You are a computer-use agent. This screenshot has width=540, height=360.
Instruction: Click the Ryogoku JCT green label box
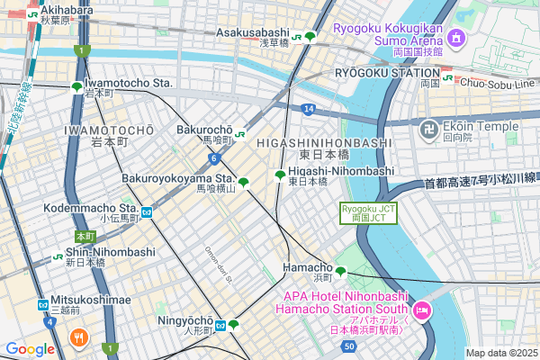point(366,212)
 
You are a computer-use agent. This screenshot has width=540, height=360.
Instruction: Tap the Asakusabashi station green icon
point(310,37)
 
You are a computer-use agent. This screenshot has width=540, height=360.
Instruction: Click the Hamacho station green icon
point(341,270)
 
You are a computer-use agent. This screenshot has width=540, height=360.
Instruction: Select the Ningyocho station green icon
point(233,325)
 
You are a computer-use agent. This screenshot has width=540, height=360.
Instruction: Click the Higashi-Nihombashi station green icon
point(280,175)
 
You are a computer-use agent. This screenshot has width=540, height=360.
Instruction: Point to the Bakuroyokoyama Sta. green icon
point(244,183)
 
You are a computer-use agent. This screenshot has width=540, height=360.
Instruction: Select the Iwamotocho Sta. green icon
point(76,88)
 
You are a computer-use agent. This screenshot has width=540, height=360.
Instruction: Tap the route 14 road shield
point(308,109)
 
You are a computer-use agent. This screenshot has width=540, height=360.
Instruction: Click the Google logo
point(30,348)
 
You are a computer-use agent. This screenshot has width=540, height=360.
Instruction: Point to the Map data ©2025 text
point(499,353)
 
